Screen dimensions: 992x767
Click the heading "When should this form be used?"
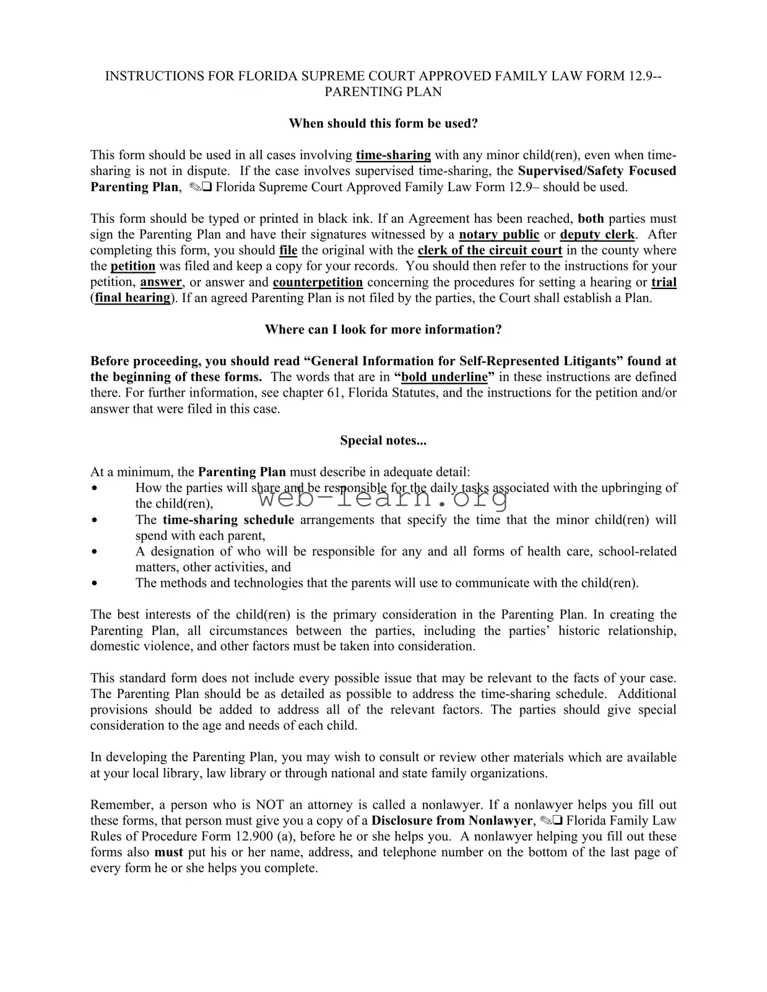pyautogui.click(x=383, y=123)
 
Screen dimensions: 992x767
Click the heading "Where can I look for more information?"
pyautogui.click(x=383, y=329)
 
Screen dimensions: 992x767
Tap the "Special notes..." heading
pyautogui.click(x=383, y=440)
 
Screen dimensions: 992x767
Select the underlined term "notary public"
pyautogui.click(x=499, y=235)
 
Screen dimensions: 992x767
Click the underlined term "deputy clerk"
pyautogui.click(x=597, y=235)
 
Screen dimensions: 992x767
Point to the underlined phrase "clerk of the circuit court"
pyautogui.click(x=490, y=250)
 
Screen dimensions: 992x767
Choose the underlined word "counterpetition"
pyautogui.click(x=318, y=282)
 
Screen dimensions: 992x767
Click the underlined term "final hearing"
pyautogui.click(x=132, y=298)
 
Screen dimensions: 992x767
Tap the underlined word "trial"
pyautogui.click(x=664, y=282)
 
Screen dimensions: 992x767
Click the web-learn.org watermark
pyautogui.click(x=383, y=497)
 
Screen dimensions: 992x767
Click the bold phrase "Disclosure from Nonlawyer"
pyautogui.click(x=451, y=821)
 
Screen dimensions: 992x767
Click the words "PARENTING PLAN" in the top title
pyautogui.click(x=383, y=92)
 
